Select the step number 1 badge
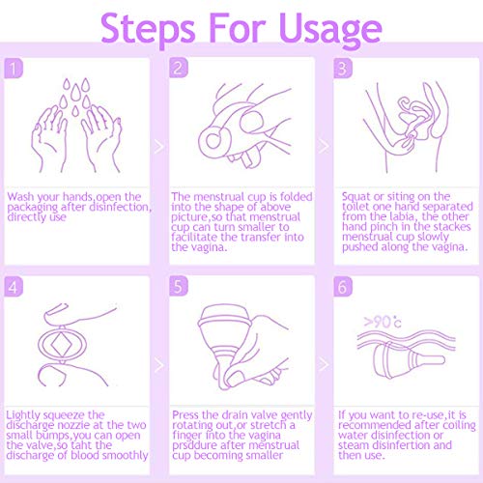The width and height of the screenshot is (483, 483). (x=14, y=68)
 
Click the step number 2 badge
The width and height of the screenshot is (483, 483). (x=179, y=68)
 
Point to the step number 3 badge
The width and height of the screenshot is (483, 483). (x=343, y=68)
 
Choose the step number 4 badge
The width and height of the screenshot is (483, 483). (x=14, y=286)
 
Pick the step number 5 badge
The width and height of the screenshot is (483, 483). (x=179, y=286)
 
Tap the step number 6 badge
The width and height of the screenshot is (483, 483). (x=343, y=286)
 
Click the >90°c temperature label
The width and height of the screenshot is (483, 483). (x=383, y=322)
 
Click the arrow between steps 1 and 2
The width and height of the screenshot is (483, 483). (x=159, y=147)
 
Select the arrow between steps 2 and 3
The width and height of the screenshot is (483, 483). (x=324, y=146)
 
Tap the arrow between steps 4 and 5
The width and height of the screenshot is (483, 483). (x=159, y=365)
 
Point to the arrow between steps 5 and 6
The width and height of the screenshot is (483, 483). (x=324, y=364)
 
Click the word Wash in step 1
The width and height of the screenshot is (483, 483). (x=20, y=196)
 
